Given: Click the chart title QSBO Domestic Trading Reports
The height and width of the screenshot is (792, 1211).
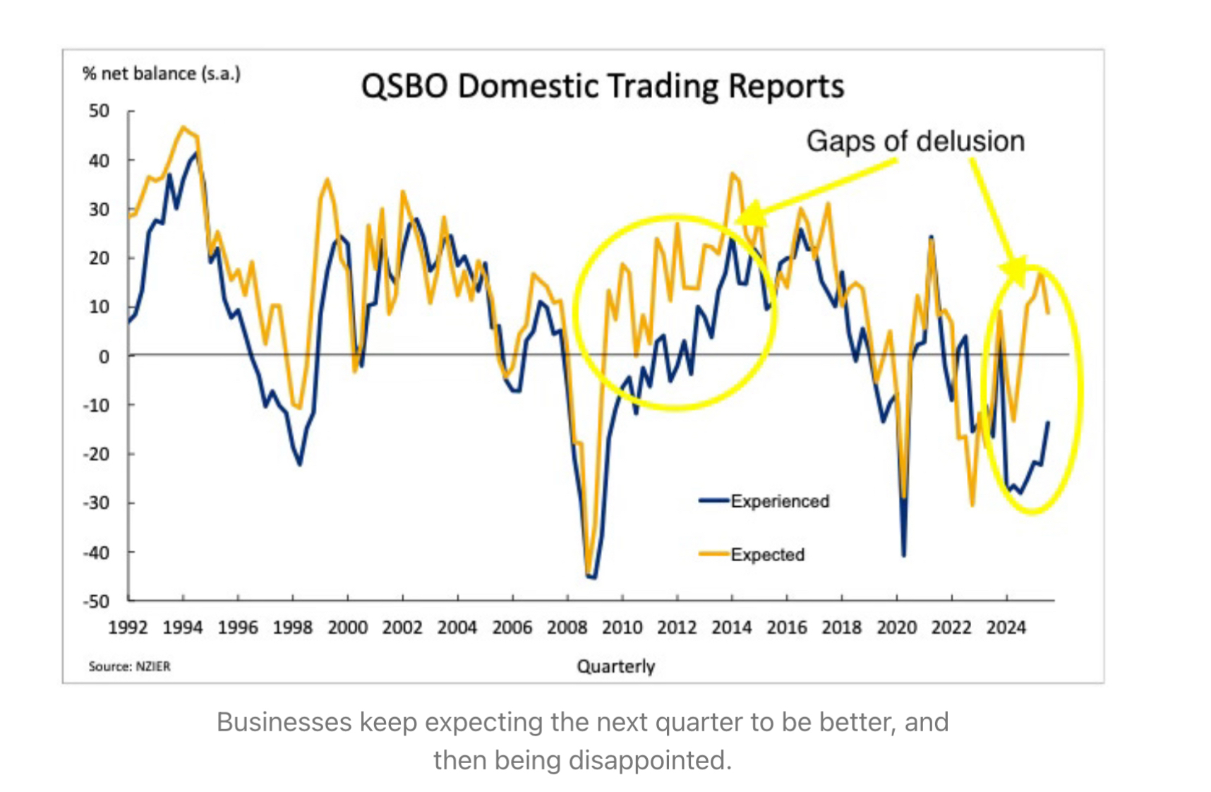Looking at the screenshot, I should [602, 86].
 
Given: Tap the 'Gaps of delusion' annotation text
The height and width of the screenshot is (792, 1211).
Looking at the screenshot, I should [915, 141].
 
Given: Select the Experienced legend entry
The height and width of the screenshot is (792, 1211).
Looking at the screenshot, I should [779, 501].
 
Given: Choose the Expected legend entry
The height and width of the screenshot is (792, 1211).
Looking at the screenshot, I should [767, 555].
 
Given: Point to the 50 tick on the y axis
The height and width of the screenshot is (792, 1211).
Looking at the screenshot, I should [100, 111].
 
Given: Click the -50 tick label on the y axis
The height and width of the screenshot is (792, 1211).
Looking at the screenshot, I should [97, 601].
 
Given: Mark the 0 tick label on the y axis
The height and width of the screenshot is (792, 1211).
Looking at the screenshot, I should [104, 356].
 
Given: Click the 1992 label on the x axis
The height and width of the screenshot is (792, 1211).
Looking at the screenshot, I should [128, 628].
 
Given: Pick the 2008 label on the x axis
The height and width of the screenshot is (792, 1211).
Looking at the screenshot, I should [567, 628].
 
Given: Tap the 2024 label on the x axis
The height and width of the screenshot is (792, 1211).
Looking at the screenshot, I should [1006, 628].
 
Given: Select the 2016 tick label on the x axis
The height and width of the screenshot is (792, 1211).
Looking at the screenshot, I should [786, 628].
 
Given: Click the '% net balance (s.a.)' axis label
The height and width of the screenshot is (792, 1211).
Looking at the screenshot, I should [162, 73].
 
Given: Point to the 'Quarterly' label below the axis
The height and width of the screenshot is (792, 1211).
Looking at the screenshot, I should [615, 666].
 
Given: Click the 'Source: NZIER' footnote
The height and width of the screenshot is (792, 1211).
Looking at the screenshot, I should [129, 666].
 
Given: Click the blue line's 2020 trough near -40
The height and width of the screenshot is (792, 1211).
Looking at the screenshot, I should [904, 555].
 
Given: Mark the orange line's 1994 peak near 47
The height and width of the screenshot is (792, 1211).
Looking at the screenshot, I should [183, 128].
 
